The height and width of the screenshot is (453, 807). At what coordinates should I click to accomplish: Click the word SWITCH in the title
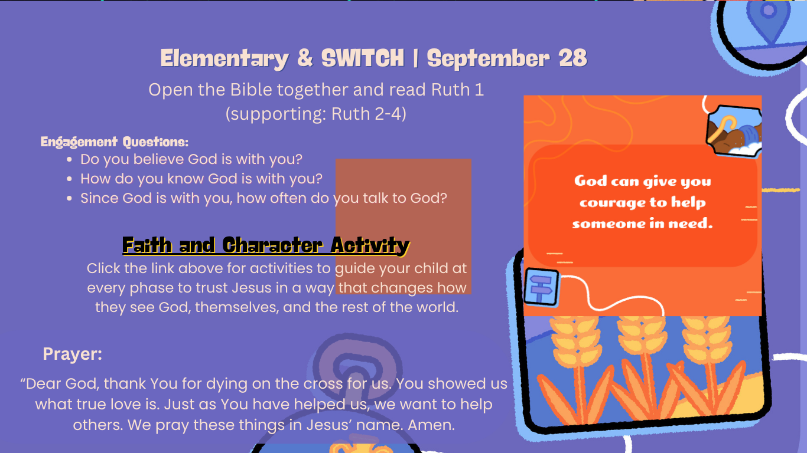362,58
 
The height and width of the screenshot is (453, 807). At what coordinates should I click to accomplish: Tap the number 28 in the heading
573,58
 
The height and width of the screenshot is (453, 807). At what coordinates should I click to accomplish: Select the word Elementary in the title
224,59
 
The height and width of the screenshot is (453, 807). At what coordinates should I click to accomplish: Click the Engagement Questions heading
114,142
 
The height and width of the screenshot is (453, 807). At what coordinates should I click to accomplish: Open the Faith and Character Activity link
266,246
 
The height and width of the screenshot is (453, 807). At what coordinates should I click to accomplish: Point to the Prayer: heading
73,354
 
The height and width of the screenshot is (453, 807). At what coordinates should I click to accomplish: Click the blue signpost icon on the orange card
542,287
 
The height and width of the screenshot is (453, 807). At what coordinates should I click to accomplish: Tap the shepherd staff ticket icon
734,132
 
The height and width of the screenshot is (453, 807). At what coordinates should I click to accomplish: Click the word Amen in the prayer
431,425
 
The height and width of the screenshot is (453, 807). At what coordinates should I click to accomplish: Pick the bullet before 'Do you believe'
70,159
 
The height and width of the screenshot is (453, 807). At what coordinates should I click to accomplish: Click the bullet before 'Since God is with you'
70,198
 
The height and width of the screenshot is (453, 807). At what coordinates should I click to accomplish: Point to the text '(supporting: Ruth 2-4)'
316,114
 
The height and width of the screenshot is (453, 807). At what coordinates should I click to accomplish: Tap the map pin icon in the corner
769,21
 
